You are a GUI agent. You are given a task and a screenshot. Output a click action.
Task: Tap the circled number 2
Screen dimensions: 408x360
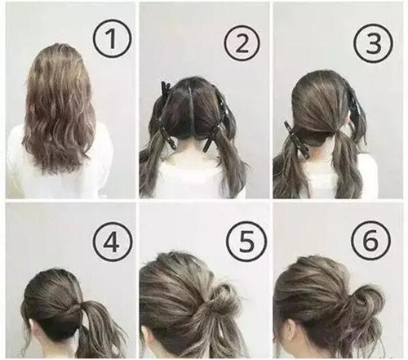point(242,43)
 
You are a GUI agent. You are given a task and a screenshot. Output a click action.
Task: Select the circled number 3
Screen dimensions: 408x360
point(374,43)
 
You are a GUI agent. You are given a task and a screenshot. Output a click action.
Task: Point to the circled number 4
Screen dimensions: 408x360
point(112,242)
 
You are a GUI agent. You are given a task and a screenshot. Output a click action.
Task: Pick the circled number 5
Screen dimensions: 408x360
point(246,242)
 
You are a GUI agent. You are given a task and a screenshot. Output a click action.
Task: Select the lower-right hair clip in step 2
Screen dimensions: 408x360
point(211,138)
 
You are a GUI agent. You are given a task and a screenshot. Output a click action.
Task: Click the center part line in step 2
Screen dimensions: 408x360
point(193,109)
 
